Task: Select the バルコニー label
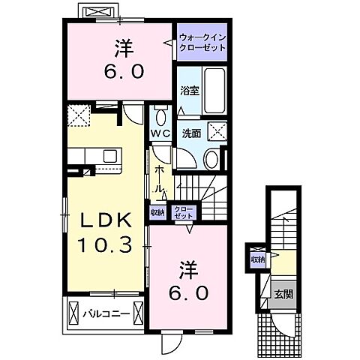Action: click(106, 313)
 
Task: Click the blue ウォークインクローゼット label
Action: click(203, 41)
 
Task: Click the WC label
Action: click(160, 133)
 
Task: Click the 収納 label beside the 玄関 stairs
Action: click(257, 261)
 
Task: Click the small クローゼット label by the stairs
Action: click(181, 212)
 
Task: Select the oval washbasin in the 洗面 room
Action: click(212, 158)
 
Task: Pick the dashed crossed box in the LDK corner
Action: click(78, 116)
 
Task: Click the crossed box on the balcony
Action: click(75, 311)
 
